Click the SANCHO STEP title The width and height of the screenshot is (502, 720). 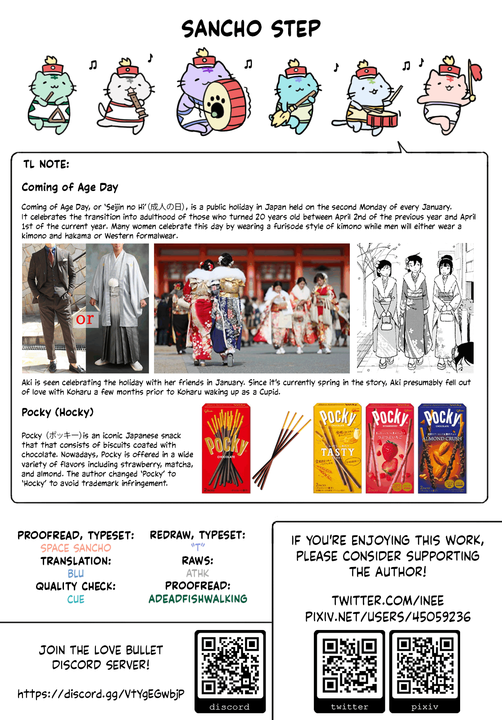[251, 29]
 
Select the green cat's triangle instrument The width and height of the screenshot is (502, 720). [57, 116]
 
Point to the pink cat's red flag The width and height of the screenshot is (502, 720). [475, 72]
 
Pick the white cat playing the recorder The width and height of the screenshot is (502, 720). [126, 97]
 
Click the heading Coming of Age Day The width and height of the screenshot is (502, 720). [70, 187]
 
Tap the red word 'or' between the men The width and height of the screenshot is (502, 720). [85, 319]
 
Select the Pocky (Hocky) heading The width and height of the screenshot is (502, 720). [58, 412]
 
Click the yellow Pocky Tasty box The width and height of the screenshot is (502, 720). [337, 448]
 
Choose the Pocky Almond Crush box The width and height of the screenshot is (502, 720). [442, 448]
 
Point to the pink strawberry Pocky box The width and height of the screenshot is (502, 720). [389, 448]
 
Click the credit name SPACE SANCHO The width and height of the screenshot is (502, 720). [76, 548]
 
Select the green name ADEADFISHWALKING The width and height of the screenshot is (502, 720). [198, 599]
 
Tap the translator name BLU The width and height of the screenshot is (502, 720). [76, 574]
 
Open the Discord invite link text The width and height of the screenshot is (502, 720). [101, 694]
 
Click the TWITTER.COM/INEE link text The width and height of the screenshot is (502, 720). [388, 601]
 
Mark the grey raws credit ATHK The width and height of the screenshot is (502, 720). [198, 573]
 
